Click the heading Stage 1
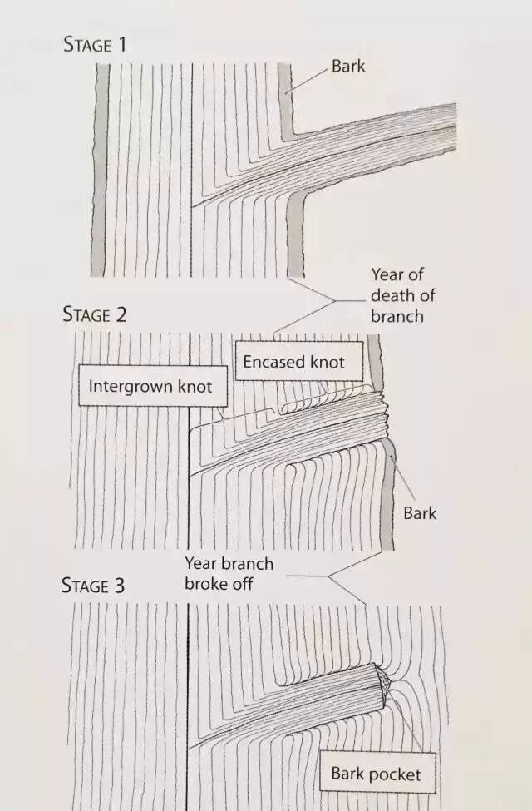(95, 44)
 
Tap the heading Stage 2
(95, 314)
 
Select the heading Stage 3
(95, 586)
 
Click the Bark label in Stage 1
(347, 66)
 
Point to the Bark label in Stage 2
(420, 513)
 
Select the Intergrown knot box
(150, 386)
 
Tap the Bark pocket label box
(376, 774)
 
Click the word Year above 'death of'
(387, 275)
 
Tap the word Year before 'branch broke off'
(201, 564)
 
